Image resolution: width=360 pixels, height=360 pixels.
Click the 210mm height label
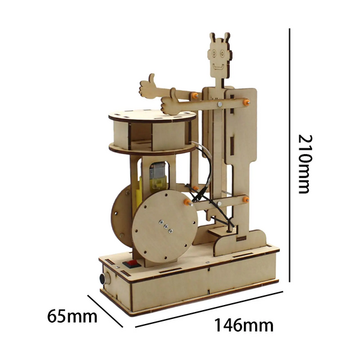point(305,164)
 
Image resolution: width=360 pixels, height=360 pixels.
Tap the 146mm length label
point(244,325)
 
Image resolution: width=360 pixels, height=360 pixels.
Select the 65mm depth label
point(72,316)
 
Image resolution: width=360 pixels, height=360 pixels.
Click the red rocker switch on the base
point(132,264)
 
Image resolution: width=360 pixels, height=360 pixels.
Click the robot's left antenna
point(213,38)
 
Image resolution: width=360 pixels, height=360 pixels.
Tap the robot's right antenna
point(227,38)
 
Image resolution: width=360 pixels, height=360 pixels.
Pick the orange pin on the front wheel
point(188,202)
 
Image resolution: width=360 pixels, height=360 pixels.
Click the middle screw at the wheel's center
point(165,226)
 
